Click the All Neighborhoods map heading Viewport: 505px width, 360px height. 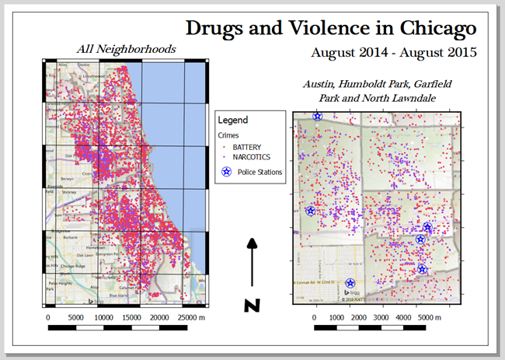click(x=126, y=50)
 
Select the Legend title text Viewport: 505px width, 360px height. click(x=232, y=121)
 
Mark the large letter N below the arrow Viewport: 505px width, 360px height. click(x=252, y=305)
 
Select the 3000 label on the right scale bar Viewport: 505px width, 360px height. click(x=381, y=318)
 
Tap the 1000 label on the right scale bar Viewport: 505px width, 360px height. click(x=337, y=318)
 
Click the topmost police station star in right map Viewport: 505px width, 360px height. click(x=317, y=116)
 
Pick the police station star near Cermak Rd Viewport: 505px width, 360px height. click(x=350, y=284)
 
